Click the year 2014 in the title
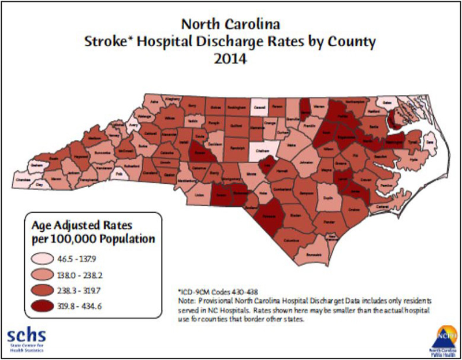pyautogui.click(x=230, y=60)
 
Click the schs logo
pyautogui.click(x=26, y=336)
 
